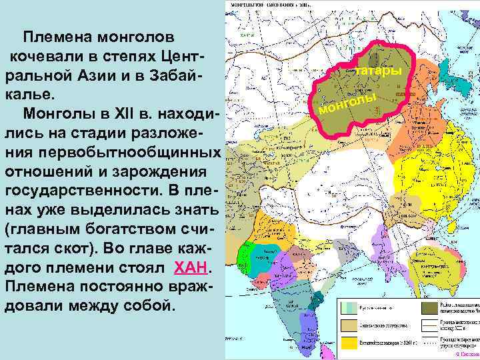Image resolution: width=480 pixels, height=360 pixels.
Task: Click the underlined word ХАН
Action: tap(192, 267)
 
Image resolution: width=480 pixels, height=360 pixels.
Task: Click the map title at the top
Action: tap(273, 3)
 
